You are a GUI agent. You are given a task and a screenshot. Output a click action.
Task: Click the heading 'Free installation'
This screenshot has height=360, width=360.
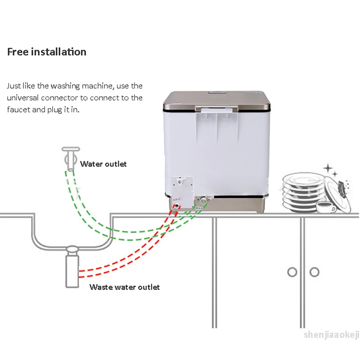coord(46,52)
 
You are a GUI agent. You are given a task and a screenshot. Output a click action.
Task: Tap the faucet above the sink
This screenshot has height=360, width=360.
coord(70,155)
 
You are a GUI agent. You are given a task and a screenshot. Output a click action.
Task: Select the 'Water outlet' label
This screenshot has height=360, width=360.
coord(103,164)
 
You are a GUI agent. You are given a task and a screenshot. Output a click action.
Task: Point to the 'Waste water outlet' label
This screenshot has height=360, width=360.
coord(125,287)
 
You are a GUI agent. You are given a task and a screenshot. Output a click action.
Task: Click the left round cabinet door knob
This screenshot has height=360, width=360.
coord(292,272)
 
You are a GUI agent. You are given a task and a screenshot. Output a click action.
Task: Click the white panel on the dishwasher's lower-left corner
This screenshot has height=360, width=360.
coord(181,188)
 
